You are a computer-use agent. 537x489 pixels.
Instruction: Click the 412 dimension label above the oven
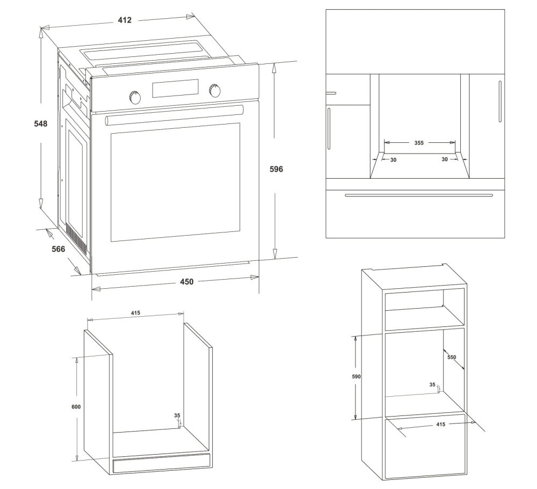point(125,20)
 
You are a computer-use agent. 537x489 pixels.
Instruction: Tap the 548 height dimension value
point(41,123)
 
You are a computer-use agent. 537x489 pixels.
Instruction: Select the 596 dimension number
point(277,169)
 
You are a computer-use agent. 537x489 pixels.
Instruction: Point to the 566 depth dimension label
point(58,249)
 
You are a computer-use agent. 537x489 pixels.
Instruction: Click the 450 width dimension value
point(187,281)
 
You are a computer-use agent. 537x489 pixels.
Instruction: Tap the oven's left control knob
point(135,97)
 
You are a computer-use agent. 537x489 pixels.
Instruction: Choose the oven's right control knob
point(214,90)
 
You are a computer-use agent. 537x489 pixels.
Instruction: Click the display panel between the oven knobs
point(176,88)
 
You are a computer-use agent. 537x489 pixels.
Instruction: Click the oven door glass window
point(175,183)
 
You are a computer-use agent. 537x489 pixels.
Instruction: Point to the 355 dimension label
point(419,143)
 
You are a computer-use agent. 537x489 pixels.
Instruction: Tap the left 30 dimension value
point(393,160)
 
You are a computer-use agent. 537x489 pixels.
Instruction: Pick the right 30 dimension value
point(445,159)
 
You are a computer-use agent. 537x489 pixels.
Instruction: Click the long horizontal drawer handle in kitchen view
point(419,195)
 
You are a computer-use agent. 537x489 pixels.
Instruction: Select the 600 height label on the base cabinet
point(76,407)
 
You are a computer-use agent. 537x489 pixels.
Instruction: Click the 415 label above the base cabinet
point(135,312)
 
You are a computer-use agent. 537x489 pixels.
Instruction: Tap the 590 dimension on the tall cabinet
point(356,377)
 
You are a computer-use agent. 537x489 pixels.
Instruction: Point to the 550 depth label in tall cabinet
point(452,357)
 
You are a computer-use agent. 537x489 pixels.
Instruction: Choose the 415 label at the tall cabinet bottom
point(441,424)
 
